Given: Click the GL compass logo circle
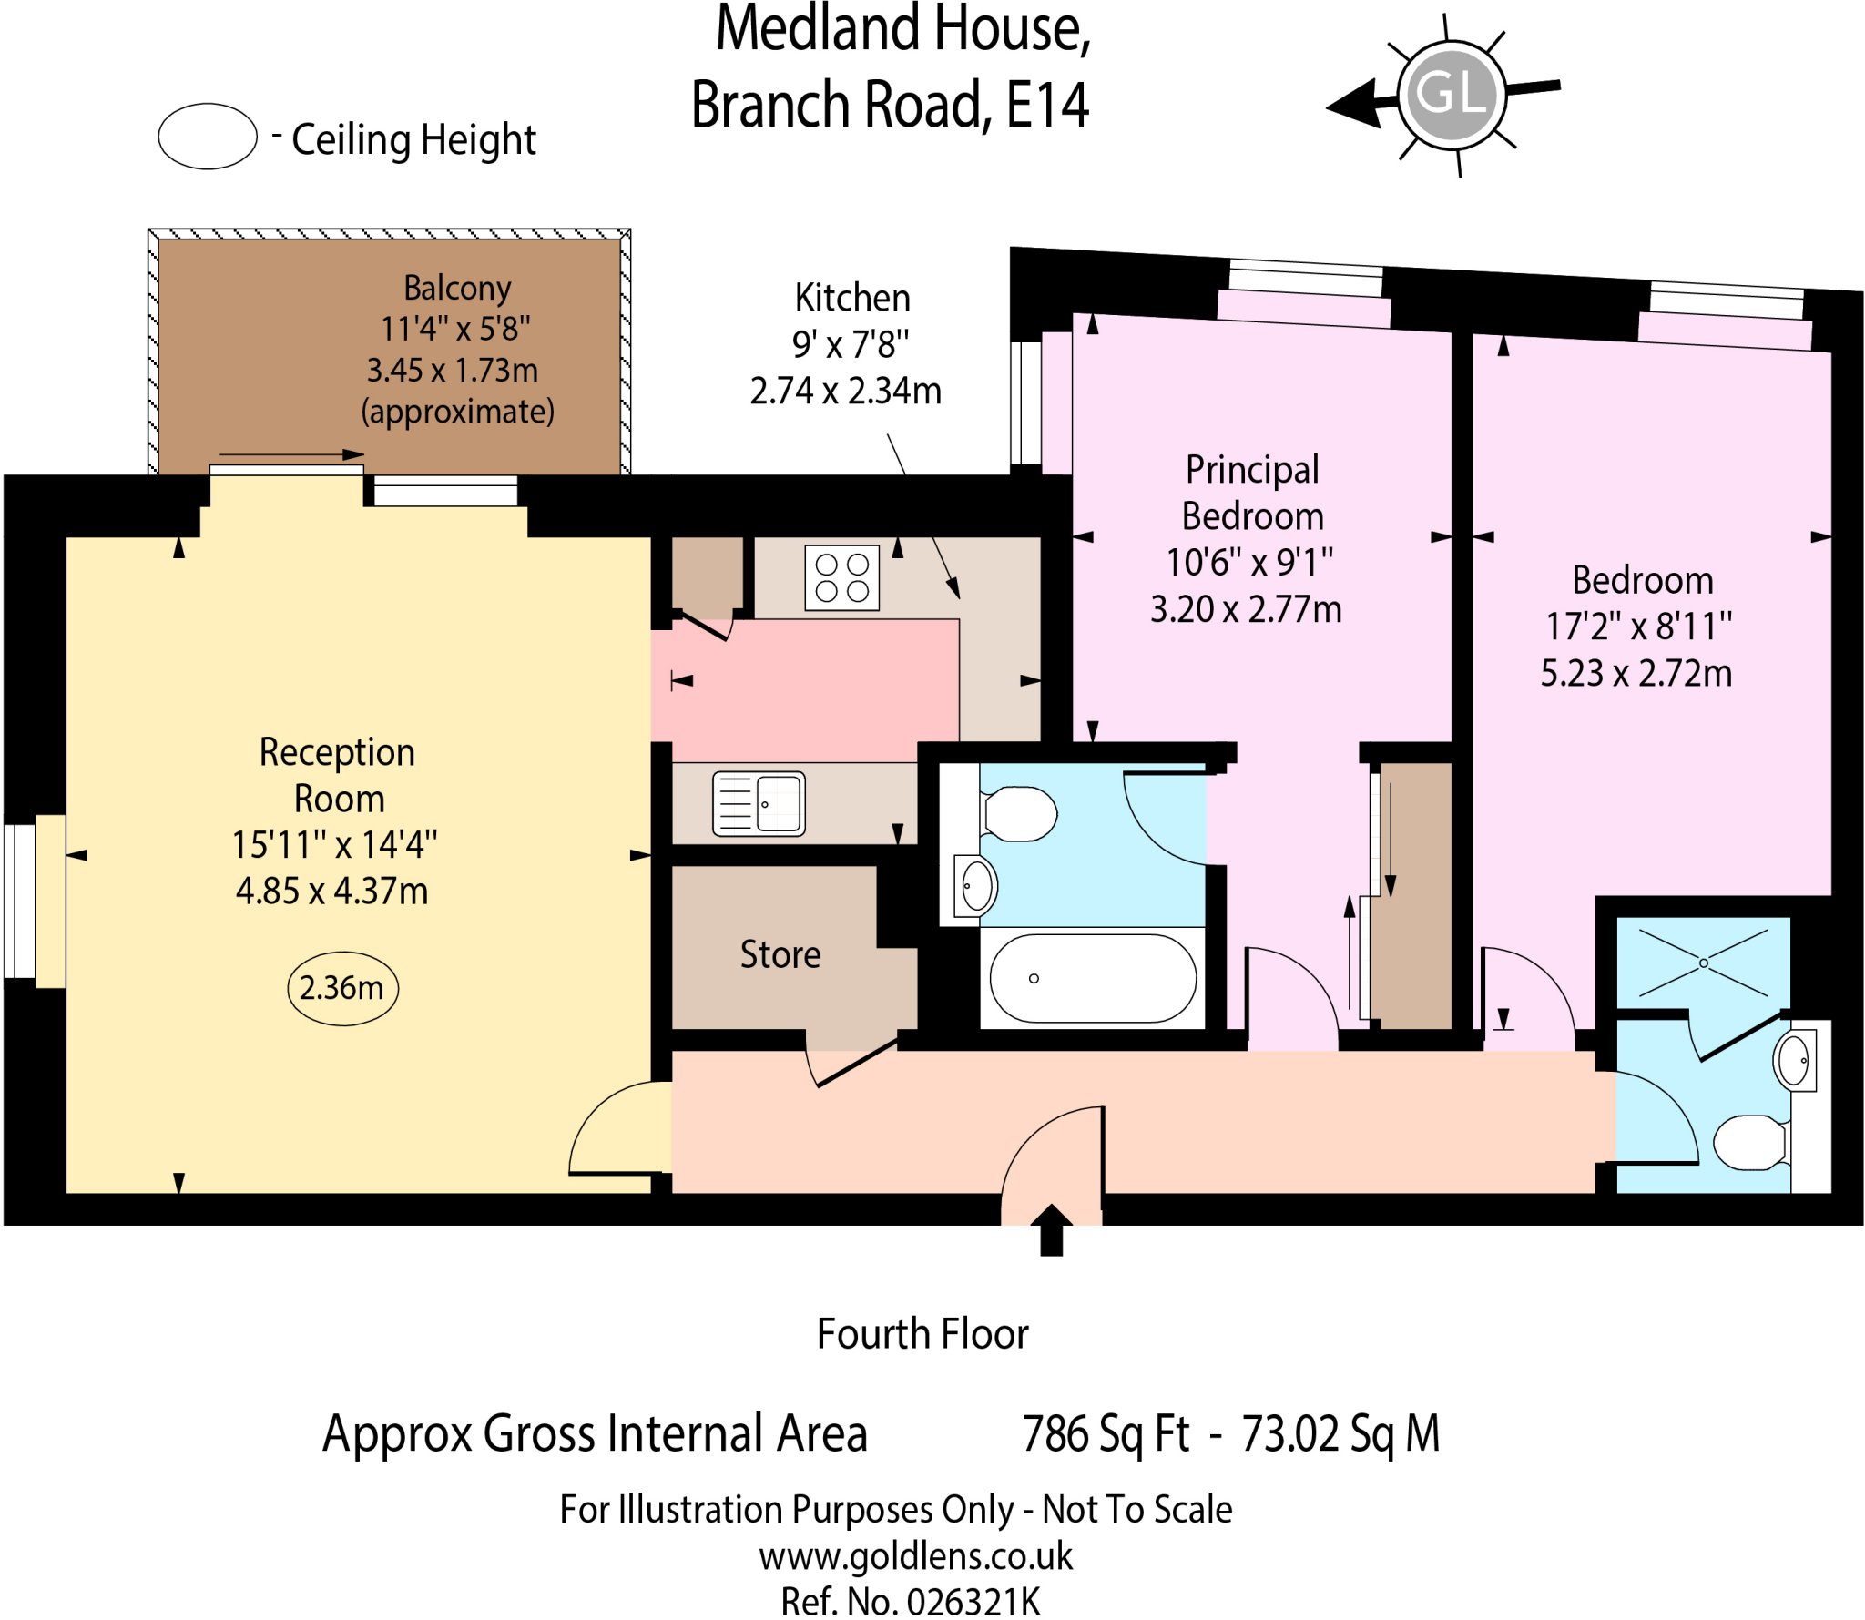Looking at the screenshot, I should point(1451,93).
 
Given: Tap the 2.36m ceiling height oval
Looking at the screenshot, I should point(342,988).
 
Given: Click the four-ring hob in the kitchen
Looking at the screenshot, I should point(841,577).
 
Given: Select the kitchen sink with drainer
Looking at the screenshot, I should point(759,803).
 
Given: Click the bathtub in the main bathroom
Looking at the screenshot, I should point(1092,978).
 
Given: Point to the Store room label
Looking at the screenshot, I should point(780,954).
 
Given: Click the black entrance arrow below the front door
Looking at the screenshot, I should point(1052,1231).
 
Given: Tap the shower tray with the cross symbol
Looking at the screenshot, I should point(1703,963).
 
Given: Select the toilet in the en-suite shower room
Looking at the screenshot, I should point(1749,1142).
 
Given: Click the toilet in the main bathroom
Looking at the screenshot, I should point(1020,813).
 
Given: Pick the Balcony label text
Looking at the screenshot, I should point(457,288).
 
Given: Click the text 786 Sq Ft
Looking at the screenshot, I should point(1106,1434).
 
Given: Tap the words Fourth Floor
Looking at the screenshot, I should point(922,1334).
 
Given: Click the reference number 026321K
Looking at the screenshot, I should point(973,1602).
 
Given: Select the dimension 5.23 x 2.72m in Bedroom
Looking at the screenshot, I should point(1636,674).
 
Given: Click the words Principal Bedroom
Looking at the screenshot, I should point(1252,493).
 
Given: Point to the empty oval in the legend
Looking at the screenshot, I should point(208,137).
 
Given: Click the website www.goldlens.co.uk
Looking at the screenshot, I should point(915,1556).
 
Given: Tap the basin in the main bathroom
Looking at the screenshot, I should point(976,885).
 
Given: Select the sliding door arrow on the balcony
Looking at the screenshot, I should point(291,454).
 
